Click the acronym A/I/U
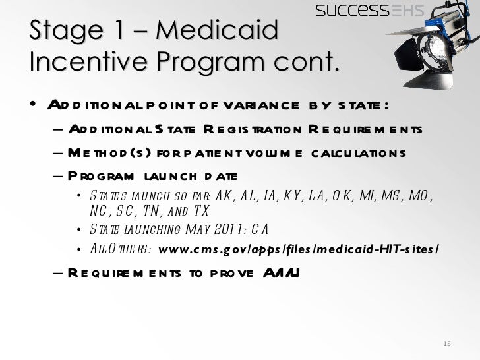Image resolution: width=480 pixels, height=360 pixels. [x=280, y=272]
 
